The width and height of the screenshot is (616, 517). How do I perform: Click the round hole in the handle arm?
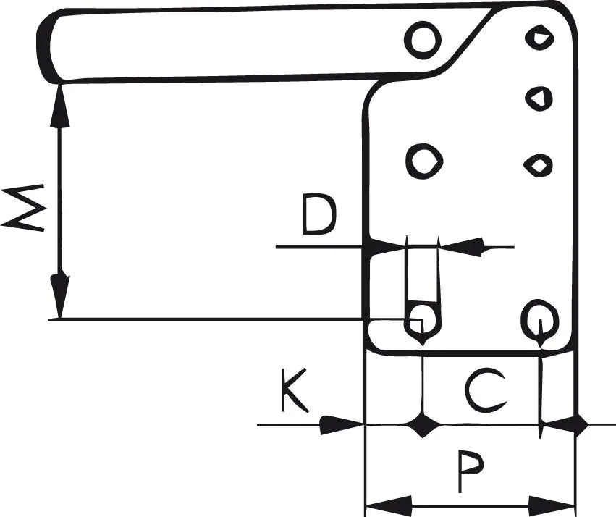pos(421,41)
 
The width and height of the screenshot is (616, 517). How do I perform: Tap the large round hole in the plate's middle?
pos(421,161)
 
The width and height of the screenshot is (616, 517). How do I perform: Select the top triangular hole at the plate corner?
pos(538,37)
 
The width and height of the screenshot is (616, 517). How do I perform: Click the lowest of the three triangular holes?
pos(537,166)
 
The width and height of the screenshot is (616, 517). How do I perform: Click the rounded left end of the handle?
pos(47,46)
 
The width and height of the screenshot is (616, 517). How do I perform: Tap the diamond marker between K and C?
pos(422,425)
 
